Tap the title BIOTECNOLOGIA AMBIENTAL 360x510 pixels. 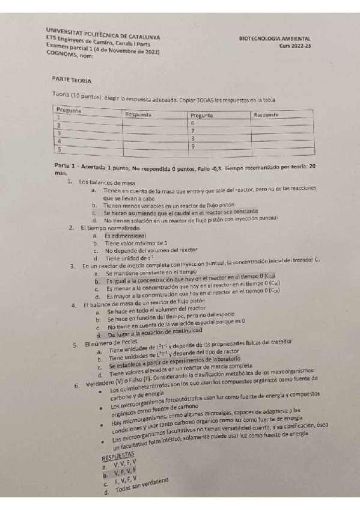[x=279, y=38]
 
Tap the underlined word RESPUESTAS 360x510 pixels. [x=118, y=458]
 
